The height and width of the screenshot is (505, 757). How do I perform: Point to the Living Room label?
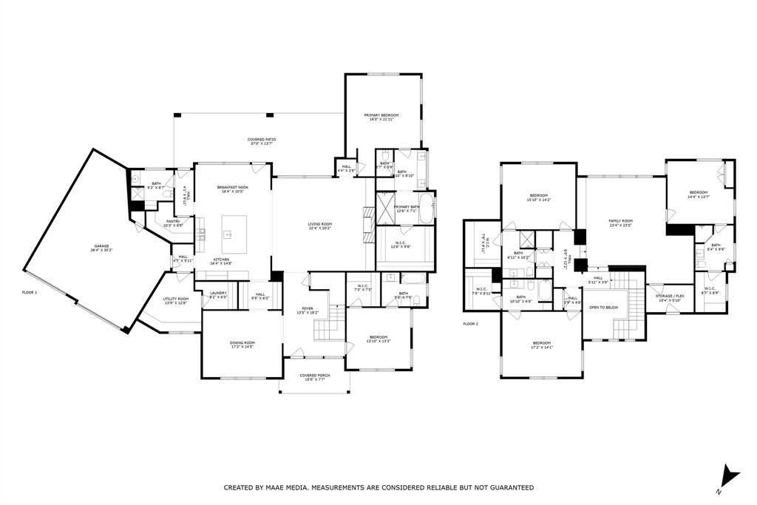click(x=320, y=226)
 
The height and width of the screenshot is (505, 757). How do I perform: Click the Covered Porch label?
click(x=314, y=377)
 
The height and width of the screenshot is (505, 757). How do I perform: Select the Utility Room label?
click(x=176, y=300)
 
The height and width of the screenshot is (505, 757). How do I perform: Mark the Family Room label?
click(x=620, y=223)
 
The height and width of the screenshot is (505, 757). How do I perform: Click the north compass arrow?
click(x=730, y=475)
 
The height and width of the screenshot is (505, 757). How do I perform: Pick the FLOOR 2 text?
click(x=471, y=324)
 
